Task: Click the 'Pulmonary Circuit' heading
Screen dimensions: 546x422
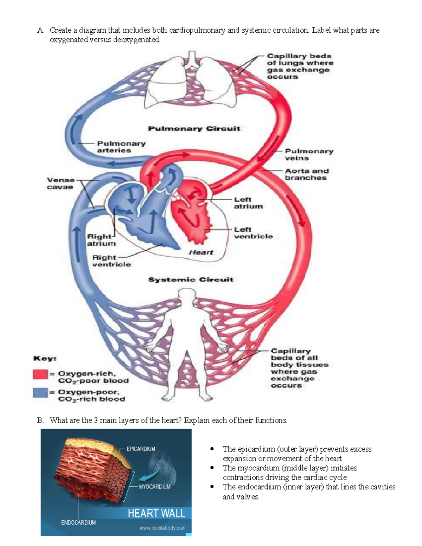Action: [x=194, y=129]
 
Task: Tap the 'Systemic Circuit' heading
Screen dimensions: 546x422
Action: [x=191, y=280]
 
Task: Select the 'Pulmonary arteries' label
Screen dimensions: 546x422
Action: [x=121, y=147]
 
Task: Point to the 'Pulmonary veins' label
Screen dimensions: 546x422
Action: [x=309, y=155]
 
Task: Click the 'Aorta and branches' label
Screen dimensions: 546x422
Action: [x=307, y=174]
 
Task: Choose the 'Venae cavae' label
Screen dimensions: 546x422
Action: [x=60, y=184]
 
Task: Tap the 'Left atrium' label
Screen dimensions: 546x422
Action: [x=248, y=203]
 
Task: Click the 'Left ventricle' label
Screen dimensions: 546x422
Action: [x=253, y=233]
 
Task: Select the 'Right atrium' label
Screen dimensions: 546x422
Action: [x=101, y=240]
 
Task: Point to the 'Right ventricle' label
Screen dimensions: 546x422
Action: [x=111, y=261]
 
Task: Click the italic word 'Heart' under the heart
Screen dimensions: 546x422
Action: [x=201, y=252]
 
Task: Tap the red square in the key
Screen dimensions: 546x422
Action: [x=40, y=374]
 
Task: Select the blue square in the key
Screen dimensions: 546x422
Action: [x=40, y=392]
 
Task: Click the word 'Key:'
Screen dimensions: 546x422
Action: [x=45, y=359]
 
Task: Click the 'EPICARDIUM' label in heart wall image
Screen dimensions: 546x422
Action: [x=141, y=449]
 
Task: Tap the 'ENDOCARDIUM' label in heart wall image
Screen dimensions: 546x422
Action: [x=78, y=522]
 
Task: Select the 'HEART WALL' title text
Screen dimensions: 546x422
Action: [x=156, y=513]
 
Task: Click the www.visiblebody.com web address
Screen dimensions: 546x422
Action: [x=162, y=528]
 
